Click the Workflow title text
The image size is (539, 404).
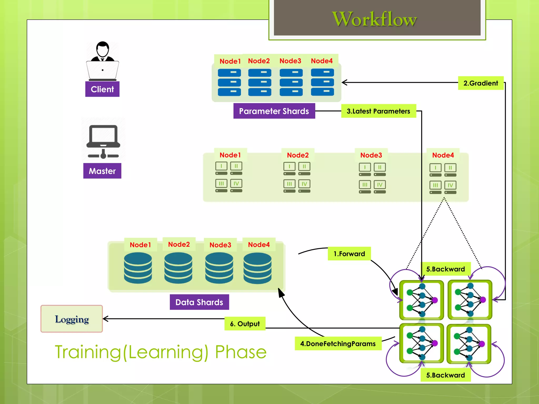pos(374,19)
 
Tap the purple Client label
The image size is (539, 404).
pos(102,89)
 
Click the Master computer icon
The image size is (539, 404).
pos(103,141)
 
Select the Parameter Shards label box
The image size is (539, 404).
pos(274,111)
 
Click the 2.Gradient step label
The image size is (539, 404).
pos(481,83)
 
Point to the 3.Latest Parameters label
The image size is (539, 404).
pos(378,111)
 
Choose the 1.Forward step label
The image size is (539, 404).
pos(349,254)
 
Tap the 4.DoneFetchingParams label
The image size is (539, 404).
pos(338,344)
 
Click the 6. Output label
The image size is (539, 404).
pos(245,324)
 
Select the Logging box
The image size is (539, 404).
pos(72,319)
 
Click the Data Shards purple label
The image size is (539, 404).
pos(199,302)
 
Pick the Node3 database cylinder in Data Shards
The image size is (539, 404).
pos(219,268)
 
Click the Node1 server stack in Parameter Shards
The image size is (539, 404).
pos(229,82)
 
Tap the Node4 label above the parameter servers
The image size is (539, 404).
pos(322,61)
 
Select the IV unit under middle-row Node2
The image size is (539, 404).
pos(304,184)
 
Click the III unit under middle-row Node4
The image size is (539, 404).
pos(435,185)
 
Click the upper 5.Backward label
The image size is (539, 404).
pos(445,269)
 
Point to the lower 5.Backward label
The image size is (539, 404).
pos(445,375)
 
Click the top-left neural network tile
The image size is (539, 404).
pos(421,300)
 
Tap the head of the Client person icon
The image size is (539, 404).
pos(102,49)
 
